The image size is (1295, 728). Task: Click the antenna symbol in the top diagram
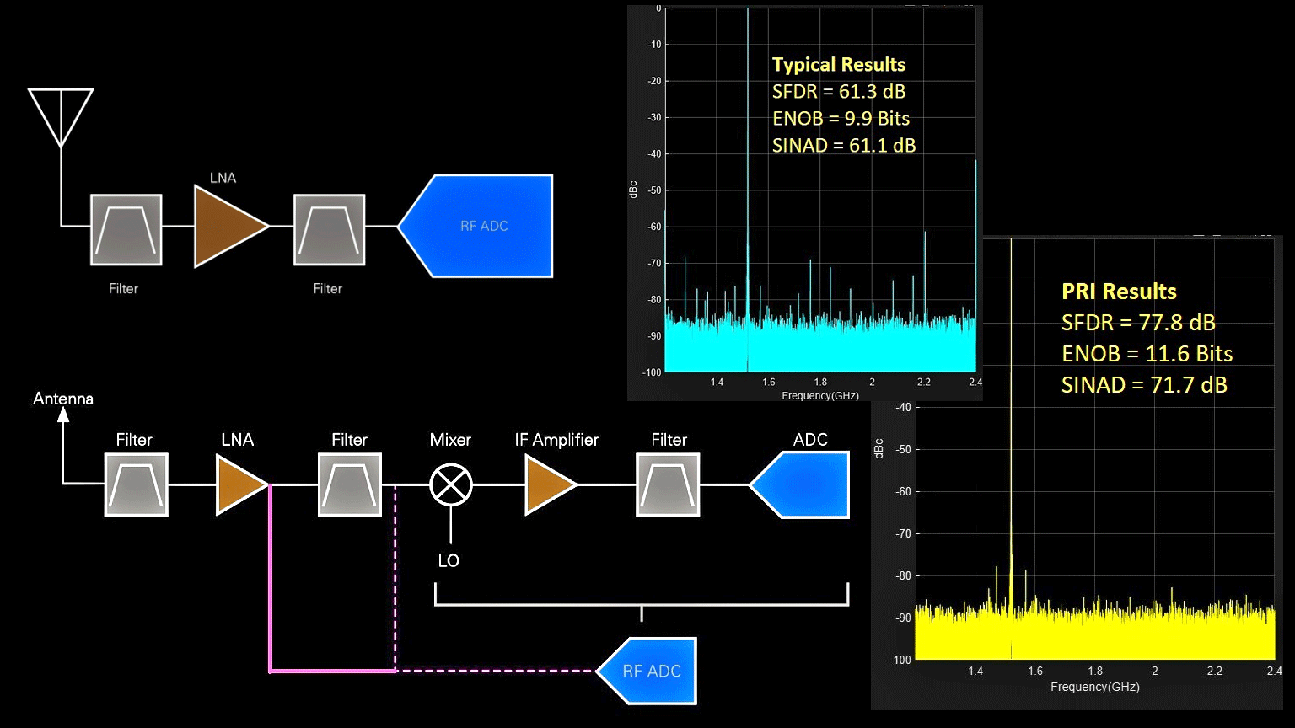click(61, 116)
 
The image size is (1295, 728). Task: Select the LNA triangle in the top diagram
click(226, 226)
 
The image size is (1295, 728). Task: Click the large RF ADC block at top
click(481, 226)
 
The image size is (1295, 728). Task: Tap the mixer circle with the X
click(451, 484)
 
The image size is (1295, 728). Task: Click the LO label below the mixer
click(449, 561)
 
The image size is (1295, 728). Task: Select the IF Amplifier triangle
click(546, 484)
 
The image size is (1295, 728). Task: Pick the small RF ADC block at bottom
click(649, 672)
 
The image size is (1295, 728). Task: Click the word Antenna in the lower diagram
click(63, 399)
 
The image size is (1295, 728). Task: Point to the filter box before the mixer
click(350, 484)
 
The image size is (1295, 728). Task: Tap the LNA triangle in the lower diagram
click(238, 484)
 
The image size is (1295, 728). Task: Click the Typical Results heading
click(839, 65)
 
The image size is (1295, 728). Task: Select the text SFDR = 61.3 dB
click(839, 92)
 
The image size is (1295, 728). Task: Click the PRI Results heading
click(1119, 292)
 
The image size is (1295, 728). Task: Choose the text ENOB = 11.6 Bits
click(1147, 354)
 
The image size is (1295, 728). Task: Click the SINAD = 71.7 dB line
click(1144, 385)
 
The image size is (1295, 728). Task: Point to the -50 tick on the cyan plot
click(654, 190)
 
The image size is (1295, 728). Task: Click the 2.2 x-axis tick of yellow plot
click(1214, 672)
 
